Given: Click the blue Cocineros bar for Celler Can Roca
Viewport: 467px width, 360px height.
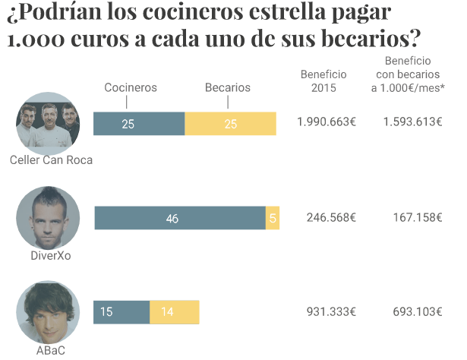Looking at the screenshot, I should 139,124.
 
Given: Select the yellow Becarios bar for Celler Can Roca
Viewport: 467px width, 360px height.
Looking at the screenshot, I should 231,124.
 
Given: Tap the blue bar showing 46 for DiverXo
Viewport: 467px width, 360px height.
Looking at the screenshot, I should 180,218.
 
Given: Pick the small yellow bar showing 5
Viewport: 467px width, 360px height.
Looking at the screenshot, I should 273,218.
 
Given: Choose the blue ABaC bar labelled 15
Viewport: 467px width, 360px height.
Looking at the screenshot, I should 121,312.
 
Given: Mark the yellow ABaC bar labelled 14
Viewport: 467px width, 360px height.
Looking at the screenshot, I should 175,312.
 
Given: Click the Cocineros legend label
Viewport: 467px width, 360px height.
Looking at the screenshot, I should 131,87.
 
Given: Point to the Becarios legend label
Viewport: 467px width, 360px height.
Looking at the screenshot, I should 228,87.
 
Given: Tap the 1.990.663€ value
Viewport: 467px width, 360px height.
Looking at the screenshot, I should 327,122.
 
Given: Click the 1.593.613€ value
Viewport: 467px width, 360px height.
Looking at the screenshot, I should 413,122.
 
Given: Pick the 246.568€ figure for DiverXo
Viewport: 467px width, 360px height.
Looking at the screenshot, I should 331,217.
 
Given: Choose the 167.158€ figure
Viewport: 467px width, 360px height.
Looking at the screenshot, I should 418,217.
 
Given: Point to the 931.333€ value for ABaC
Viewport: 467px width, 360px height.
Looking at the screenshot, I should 331,312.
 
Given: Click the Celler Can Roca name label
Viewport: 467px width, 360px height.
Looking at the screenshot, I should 52,160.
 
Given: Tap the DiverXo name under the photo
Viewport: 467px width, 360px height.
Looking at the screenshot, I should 51,256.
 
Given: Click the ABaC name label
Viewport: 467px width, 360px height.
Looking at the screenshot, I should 50,351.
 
